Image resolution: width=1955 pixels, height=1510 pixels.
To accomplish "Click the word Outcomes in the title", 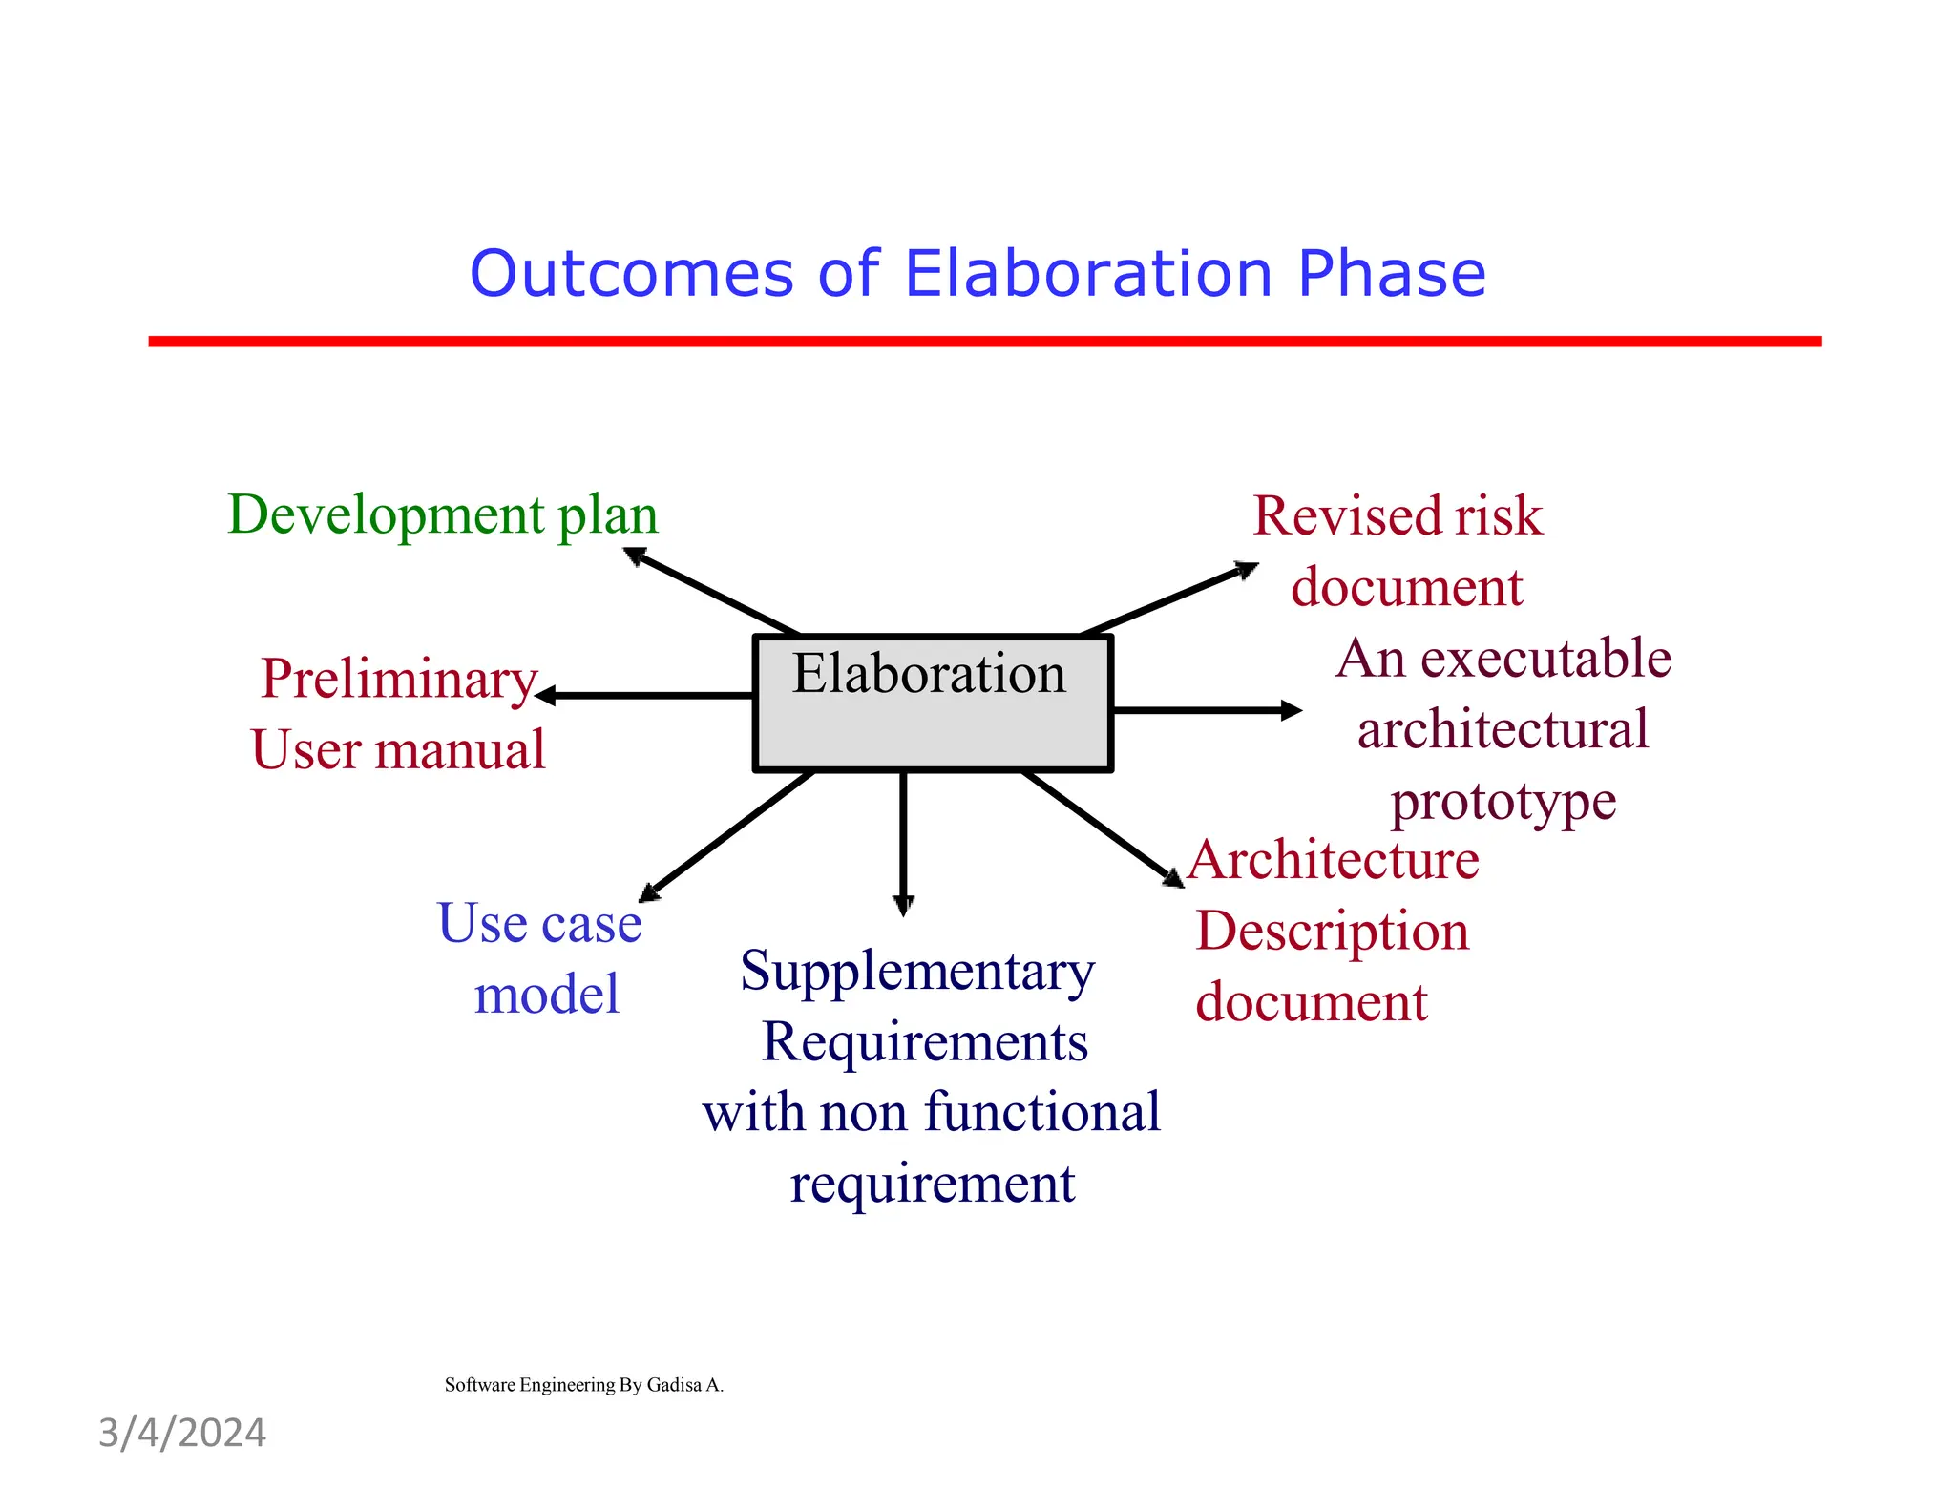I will tap(631, 274).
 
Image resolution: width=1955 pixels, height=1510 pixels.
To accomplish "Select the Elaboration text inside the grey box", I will tap(928, 674).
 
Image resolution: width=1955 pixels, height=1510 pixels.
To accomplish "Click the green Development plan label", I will tap(442, 514).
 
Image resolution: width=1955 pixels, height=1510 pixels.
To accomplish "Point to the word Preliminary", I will tap(398, 679).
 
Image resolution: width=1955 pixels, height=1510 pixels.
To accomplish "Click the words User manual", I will tap(398, 749).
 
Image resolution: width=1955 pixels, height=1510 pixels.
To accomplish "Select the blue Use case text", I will tap(539, 923).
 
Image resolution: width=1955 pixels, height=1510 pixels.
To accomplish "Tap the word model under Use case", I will tap(546, 995).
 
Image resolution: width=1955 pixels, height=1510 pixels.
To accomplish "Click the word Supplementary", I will tap(916, 971).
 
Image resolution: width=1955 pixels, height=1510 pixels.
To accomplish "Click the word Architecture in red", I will tap(1334, 859).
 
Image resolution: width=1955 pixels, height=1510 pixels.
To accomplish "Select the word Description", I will tap(1332, 931).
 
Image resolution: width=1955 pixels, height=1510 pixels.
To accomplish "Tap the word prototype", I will tap(1503, 801).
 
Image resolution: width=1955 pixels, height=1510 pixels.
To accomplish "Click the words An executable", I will tap(1503, 659).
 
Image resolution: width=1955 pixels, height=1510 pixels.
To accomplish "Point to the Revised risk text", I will tap(1397, 515).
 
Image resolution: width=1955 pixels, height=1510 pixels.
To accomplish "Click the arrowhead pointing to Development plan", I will tap(634, 555).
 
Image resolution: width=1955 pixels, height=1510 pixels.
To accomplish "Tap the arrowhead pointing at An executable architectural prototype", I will tap(1291, 710).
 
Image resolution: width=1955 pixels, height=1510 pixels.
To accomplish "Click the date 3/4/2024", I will tap(182, 1433).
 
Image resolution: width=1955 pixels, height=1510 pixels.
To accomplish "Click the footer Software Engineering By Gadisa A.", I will tap(583, 1385).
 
